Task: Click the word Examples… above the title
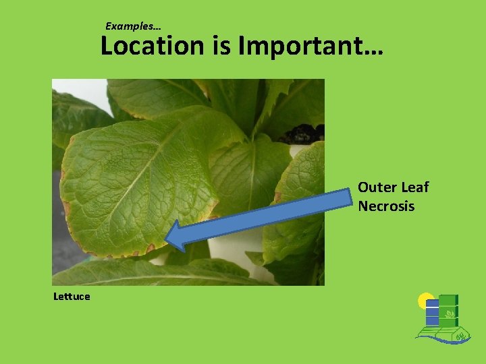(x=133, y=26)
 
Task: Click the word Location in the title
(x=152, y=46)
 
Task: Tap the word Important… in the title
(x=311, y=46)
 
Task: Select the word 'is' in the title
(x=222, y=46)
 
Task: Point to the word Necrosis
(x=386, y=206)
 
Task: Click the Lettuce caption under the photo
(x=72, y=296)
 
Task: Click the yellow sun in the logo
(x=425, y=301)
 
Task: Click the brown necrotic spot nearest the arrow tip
(x=150, y=248)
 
